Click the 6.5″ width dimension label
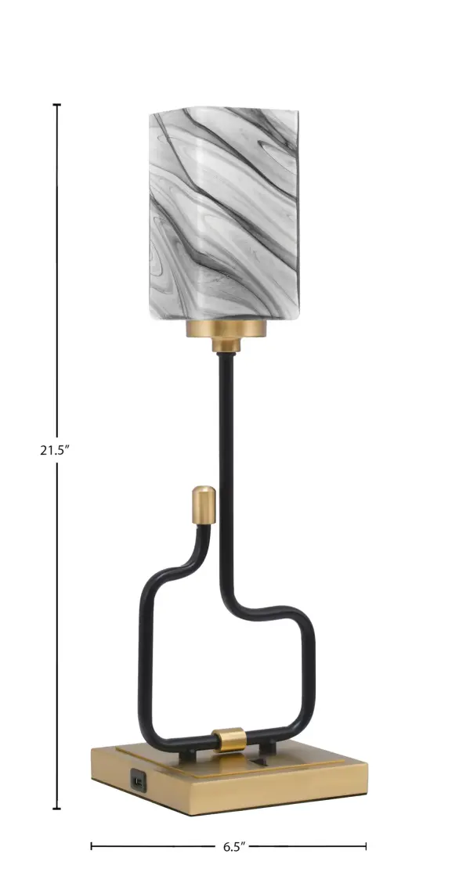point(233,846)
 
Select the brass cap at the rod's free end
point(204,506)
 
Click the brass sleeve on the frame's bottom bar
point(230,737)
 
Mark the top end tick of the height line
point(56,105)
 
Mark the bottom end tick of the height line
point(56,809)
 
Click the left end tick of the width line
point(92,846)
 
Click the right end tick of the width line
point(365,846)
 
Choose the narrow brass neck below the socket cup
point(226,345)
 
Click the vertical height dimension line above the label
point(56,274)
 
